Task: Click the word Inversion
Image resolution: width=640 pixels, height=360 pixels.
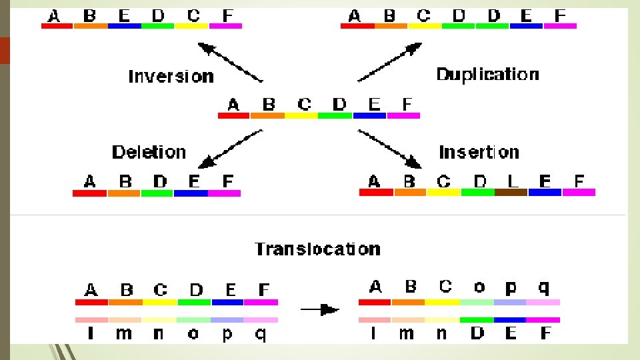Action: coord(171,76)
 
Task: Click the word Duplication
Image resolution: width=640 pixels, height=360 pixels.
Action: coord(487,74)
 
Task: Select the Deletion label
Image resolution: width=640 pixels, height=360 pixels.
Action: coord(149,152)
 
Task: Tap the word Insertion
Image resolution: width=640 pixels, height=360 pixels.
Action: coord(479,152)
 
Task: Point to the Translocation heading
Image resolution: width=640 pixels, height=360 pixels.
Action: coord(317,249)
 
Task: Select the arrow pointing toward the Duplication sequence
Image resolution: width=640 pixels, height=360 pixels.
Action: coord(390,62)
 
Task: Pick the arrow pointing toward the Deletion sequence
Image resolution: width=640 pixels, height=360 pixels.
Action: coord(231,148)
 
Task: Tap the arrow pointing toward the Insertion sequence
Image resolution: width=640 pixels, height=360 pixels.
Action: coord(390,149)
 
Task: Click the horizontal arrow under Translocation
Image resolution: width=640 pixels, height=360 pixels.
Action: coord(319,309)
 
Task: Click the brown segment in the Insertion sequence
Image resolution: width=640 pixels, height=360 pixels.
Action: coord(511,193)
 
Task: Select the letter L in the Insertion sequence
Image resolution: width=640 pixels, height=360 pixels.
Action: coord(511,181)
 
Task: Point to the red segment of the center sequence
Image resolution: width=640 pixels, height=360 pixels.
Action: coord(233,115)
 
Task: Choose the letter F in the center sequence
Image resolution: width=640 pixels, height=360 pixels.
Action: coord(407,104)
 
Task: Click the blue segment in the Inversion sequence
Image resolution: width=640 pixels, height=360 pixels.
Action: coord(124,26)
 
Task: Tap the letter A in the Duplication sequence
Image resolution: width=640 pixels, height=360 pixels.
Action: coord(355,15)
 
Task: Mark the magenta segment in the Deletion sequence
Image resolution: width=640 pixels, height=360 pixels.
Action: coord(224,193)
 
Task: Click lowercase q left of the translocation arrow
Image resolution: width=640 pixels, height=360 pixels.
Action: coord(261,333)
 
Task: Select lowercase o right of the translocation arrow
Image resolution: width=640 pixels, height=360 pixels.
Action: coord(479,287)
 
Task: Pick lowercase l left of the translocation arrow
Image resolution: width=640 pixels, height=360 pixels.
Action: coord(91,333)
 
